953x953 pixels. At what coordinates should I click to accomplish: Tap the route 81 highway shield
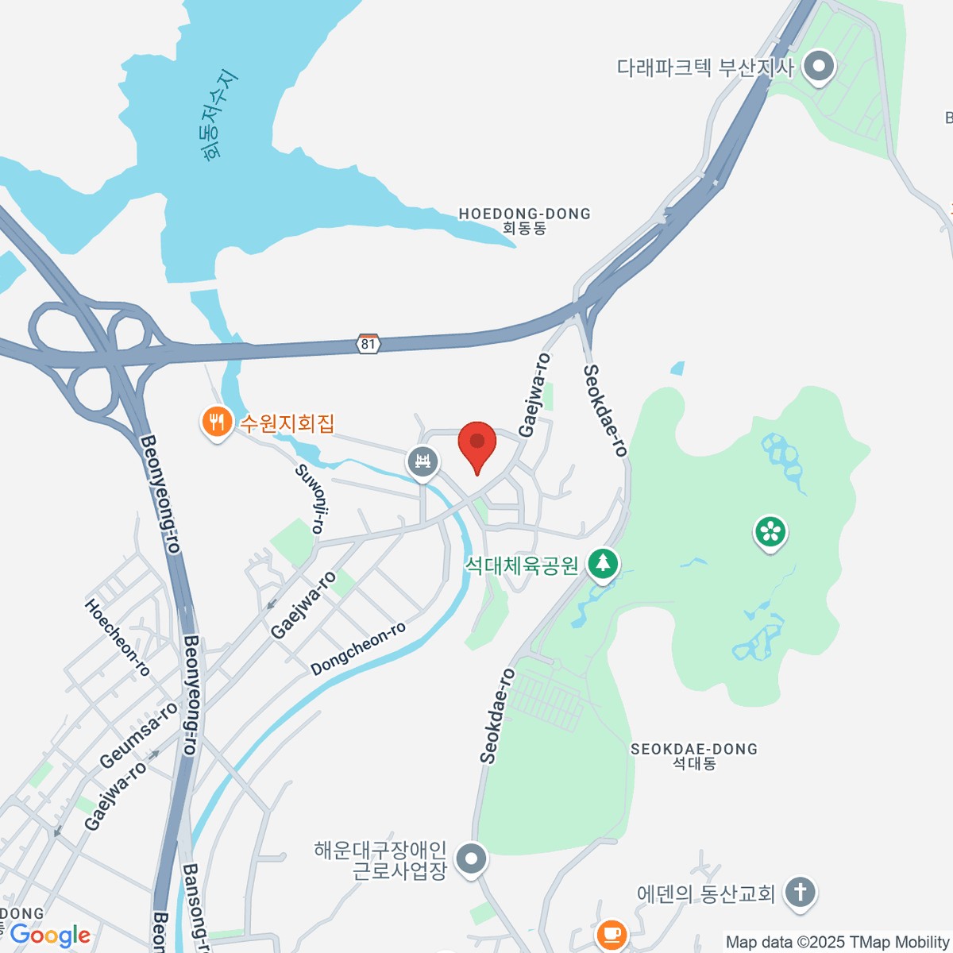pyautogui.click(x=368, y=344)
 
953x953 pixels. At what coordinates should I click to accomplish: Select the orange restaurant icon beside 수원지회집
pyautogui.click(x=216, y=422)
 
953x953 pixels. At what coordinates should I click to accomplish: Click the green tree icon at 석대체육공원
pyautogui.click(x=603, y=564)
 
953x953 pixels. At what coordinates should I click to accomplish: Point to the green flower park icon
pyautogui.click(x=770, y=531)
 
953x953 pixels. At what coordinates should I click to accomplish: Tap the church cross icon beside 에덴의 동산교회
pyautogui.click(x=801, y=892)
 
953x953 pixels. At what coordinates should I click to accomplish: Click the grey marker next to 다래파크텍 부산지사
pyautogui.click(x=818, y=67)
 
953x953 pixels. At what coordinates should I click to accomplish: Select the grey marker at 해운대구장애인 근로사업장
pyautogui.click(x=473, y=858)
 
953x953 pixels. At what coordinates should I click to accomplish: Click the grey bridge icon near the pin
pyautogui.click(x=422, y=461)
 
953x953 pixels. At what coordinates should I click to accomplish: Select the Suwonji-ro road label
pyautogui.click(x=311, y=498)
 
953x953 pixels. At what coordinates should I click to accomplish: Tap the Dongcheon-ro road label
pyautogui.click(x=358, y=648)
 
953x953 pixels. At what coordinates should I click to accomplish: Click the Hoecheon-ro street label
pyautogui.click(x=117, y=637)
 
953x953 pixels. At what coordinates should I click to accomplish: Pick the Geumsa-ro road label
pyautogui.click(x=139, y=735)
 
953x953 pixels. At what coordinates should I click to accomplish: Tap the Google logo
pyautogui.click(x=49, y=936)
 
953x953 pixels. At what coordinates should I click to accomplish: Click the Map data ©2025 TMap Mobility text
pyautogui.click(x=837, y=943)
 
